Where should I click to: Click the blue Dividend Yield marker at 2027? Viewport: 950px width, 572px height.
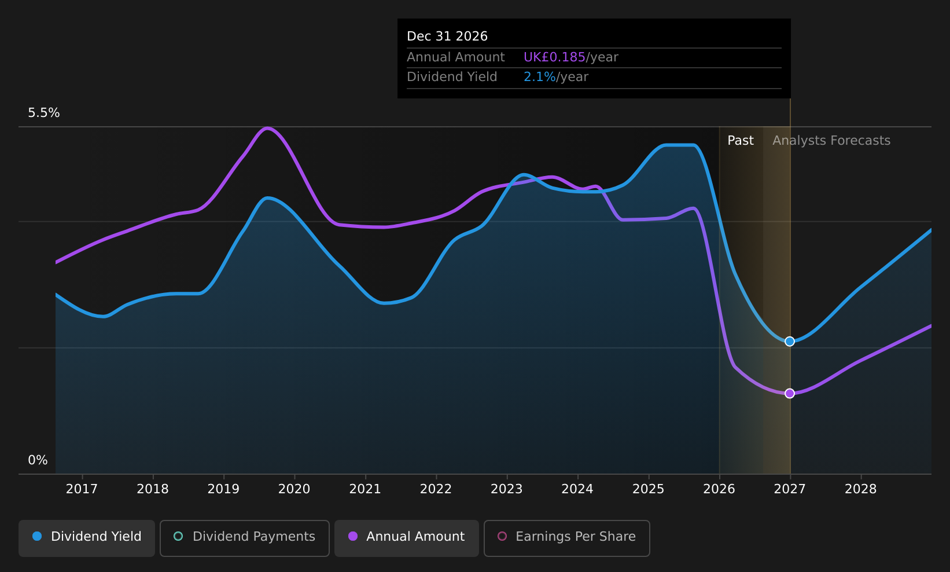(x=789, y=341)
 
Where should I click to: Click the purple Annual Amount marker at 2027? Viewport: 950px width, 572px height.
(x=789, y=393)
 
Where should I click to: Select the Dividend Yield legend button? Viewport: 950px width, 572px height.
(x=87, y=538)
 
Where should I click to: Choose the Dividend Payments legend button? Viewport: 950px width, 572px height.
(x=245, y=538)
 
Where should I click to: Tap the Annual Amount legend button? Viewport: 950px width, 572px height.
(x=406, y=538)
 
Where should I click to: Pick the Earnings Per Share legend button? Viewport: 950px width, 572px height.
(x=566, y=538)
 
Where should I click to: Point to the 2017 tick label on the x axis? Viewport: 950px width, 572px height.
(x=82, y=489)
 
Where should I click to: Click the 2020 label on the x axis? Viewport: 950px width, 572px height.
(x=294, y=489)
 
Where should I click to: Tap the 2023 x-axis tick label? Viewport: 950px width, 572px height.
(x=507, y=489)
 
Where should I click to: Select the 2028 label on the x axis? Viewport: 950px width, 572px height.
(x=860, y=489)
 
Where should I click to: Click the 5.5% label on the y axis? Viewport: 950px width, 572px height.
(x=44, y=113)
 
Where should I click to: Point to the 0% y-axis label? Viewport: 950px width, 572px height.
(x=38, y=460)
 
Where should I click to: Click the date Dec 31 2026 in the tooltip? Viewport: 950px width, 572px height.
(x=447, y=36)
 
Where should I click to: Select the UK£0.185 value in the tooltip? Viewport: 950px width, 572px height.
(x=554, y=57)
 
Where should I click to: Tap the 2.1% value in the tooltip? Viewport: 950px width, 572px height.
(x=539, y=77)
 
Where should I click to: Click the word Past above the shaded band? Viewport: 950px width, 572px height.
(x=741, y=141)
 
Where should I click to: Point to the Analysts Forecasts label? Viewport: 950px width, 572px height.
(x=831, y=141)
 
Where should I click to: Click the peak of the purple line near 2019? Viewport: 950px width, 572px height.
(x=267, y=127)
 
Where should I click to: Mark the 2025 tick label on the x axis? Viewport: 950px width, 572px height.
(x=649, y=489)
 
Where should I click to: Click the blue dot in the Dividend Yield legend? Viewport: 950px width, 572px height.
(x=38, y=536)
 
